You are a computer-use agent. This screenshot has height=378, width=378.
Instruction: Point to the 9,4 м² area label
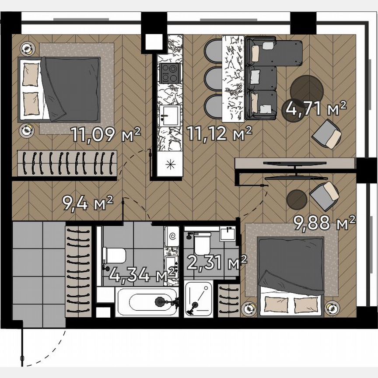point(87,203)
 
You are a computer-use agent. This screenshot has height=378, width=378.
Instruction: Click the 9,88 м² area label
point(324,224)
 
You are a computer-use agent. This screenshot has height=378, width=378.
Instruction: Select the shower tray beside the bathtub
point(199,299)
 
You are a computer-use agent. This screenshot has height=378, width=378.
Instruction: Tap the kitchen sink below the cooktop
point(169,115)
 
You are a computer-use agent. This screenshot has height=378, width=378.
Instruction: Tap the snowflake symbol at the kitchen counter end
point(170,165)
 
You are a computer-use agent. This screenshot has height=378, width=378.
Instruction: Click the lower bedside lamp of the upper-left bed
point(27,129)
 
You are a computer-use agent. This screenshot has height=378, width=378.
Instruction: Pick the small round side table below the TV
point(297,200)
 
